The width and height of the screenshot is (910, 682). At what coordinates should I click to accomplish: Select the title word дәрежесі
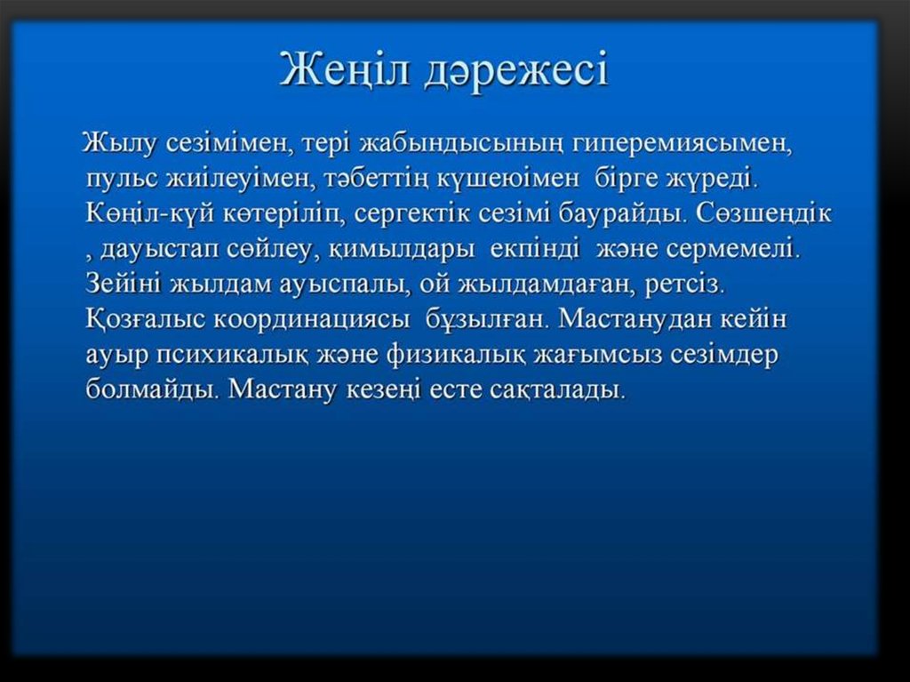pos(516,70)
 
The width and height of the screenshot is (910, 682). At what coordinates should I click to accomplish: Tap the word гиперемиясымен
pos(682,144)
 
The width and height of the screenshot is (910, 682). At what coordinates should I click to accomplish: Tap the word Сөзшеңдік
pos(763,213)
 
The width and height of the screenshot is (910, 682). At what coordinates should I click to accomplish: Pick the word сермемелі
pos(733,249)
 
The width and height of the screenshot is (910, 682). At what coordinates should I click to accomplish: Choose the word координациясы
pos(311,319)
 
